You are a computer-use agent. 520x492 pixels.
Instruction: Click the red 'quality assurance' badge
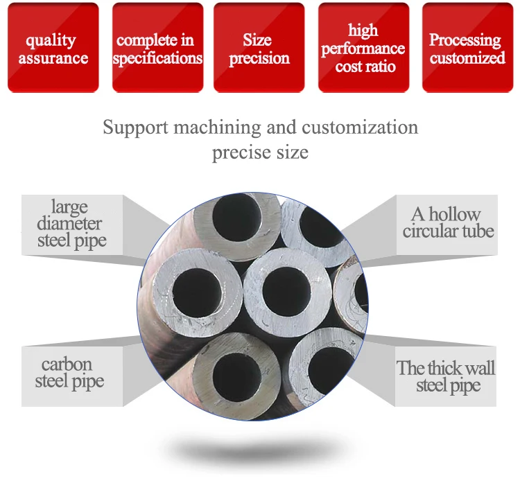click(53, 48)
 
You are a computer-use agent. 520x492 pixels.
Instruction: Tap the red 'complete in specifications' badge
click(157, 48)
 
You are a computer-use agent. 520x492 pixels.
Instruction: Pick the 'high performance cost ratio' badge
click(363, 48)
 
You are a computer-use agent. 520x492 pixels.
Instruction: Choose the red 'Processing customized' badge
click(467, 48)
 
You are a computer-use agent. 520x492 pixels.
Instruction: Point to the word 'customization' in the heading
click(360, 128)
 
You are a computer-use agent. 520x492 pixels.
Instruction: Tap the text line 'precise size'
click(260, 152)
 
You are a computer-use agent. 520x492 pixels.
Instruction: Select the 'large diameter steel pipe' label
click(71, 223)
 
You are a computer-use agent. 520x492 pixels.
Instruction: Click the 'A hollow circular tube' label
click(448, 222)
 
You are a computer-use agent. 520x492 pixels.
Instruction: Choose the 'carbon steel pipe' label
click(69, 372)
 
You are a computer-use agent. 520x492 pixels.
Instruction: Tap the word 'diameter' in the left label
click(69, 223)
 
